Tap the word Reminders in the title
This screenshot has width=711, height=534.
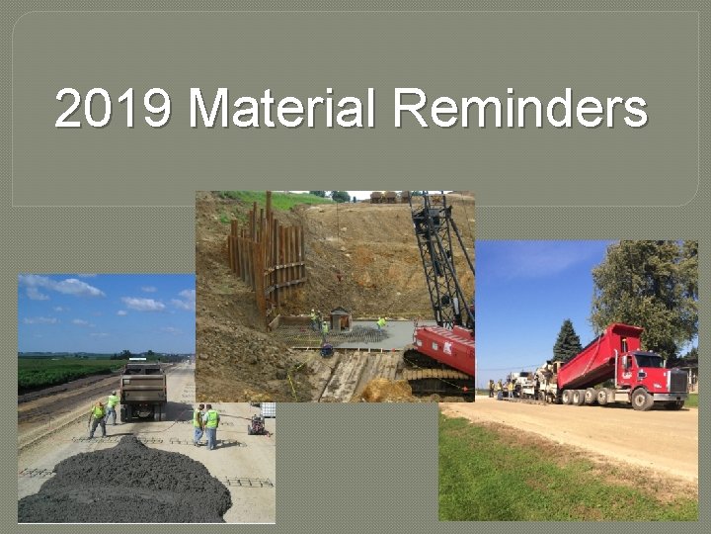click(519, 110)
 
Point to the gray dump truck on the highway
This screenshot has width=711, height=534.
click(143, 390)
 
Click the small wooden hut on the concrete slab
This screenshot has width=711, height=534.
click(341, 318)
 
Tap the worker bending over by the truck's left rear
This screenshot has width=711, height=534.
click(98, 417)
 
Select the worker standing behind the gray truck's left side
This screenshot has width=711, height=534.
click(113, 404)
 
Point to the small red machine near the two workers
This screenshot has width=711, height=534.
click(257, 424)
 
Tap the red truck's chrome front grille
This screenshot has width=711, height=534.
click(677, 381)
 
